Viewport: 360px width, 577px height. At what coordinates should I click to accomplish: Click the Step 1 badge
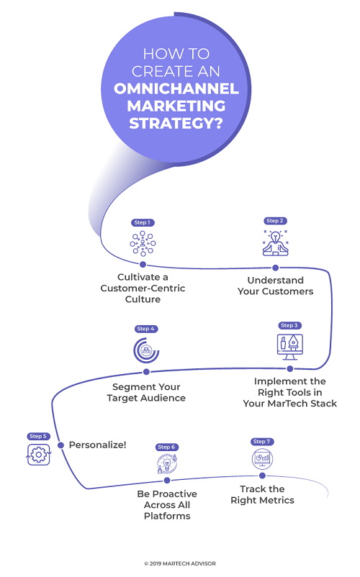142,223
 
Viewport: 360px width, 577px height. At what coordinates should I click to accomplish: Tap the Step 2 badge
275,221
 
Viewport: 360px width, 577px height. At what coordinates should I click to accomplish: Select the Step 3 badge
289,326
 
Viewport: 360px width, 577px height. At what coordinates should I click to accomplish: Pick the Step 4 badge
146,330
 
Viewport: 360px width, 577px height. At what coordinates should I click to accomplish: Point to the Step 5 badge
38,436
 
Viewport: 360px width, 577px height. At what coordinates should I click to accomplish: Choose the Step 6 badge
166,447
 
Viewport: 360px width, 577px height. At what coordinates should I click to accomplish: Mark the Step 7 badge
262,441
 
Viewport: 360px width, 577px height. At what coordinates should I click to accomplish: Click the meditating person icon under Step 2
275,243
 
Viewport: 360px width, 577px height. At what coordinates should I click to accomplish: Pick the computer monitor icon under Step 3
289,345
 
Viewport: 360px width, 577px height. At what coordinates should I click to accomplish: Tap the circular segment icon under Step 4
146,350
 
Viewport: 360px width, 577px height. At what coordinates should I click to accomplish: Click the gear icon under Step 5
38,455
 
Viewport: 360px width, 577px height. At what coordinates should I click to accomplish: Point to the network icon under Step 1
142,243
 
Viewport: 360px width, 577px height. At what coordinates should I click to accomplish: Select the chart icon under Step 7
261,458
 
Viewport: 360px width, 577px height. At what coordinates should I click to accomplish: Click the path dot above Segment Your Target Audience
146,372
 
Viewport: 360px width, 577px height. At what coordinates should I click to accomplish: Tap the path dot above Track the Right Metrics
262,476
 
